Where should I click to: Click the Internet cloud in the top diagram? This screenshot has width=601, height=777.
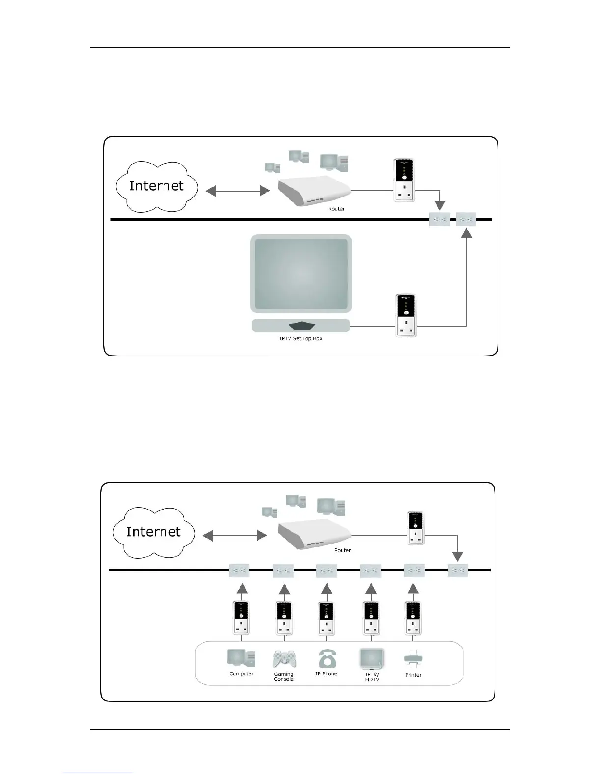156,186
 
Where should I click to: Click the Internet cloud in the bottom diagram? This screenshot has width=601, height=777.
154,532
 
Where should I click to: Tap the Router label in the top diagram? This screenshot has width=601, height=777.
336,209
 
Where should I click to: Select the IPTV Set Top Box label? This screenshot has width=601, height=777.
300,339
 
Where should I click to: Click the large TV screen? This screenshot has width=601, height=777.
301,274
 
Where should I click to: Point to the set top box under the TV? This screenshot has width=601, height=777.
301,325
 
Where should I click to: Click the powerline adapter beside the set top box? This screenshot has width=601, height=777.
406,315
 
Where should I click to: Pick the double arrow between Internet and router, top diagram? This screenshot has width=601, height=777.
238,191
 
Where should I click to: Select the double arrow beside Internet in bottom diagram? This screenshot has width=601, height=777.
235,536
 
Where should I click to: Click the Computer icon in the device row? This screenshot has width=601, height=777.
241,659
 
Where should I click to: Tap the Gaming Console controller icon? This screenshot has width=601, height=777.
284,659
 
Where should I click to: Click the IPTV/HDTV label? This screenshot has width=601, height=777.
372,677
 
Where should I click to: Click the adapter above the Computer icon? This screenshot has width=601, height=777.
241,618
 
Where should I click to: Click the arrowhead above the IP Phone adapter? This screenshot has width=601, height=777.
327,588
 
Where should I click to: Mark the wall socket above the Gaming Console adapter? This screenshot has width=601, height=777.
283,571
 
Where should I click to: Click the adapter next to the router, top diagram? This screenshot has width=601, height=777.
404,180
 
